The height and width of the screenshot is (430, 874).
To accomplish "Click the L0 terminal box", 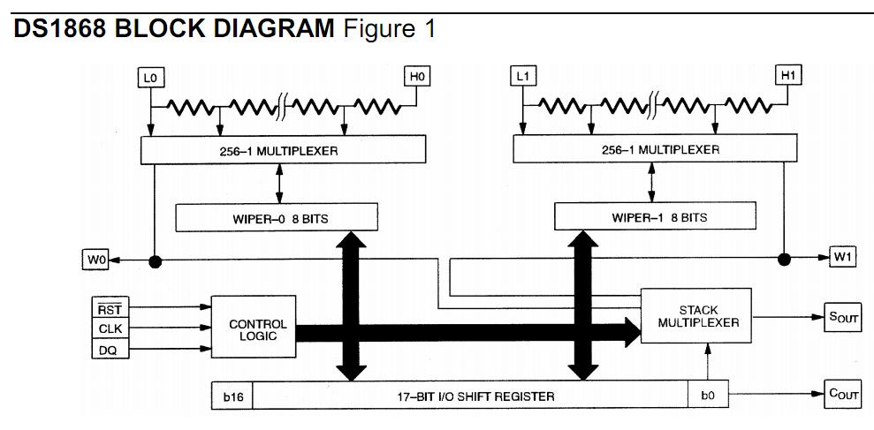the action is (150, 78).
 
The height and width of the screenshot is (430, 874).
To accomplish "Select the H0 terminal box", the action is (417, 76).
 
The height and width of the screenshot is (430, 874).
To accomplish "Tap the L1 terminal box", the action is (522, 76).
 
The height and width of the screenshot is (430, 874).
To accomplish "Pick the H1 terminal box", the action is (788, 75).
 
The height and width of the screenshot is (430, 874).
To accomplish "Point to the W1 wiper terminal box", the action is (843, 257).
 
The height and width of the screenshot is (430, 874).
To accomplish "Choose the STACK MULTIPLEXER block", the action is (696, 316).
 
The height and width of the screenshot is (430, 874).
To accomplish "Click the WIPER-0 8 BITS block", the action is (277, 218).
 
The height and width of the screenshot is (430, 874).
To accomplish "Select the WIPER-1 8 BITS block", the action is (655, 216).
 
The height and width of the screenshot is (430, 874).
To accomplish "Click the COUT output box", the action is (842, 394).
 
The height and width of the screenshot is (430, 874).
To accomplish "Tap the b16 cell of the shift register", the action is (232, 396).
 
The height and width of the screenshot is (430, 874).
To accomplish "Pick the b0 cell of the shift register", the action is (708, 396).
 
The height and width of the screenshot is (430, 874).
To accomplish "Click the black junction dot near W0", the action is (155, 260).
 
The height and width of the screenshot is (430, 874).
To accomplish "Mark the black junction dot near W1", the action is (784, 259).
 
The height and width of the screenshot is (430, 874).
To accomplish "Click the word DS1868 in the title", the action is (59, 28).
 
